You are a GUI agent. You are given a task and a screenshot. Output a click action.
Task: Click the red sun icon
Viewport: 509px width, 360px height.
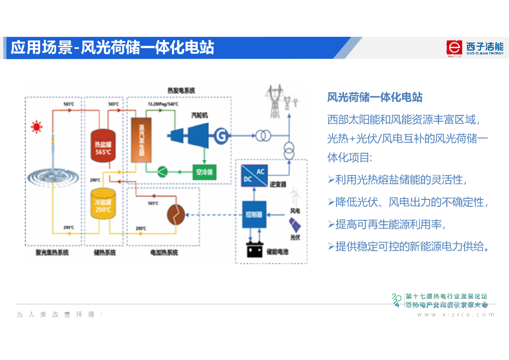[36, 127]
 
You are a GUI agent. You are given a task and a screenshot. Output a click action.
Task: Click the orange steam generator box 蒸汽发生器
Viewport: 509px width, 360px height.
[141, 140]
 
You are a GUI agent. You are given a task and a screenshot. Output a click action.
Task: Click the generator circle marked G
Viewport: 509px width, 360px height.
[221, 134]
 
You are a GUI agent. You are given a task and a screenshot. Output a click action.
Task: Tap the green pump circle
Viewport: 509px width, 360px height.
[164, 172]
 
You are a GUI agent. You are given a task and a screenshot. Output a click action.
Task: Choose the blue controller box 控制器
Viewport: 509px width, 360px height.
[254, 214]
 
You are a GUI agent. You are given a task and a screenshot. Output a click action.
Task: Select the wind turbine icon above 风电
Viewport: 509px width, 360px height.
[295, 196]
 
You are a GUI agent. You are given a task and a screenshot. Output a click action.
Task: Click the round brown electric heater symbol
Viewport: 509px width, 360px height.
[175, 215]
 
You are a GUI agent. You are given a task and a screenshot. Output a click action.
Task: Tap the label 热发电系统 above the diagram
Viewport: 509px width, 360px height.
[181, 90]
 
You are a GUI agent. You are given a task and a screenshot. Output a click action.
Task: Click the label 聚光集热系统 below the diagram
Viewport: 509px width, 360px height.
[52, 253]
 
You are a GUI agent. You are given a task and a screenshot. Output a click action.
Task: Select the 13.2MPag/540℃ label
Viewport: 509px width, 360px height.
[163, 104]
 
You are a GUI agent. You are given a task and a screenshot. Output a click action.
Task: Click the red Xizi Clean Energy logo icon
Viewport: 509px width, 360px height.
[454, 48]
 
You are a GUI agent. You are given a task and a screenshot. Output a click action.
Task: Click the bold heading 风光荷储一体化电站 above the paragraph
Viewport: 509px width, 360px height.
[375, 97]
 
